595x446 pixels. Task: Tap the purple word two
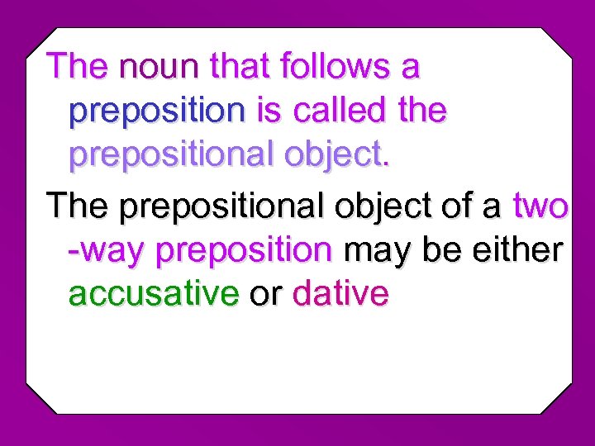click(540, 205)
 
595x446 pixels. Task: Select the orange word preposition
click(244, 250)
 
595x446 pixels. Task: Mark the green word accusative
click(154, 295)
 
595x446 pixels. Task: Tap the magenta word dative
click(340, 295)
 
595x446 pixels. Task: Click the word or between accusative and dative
click(265, 296)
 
